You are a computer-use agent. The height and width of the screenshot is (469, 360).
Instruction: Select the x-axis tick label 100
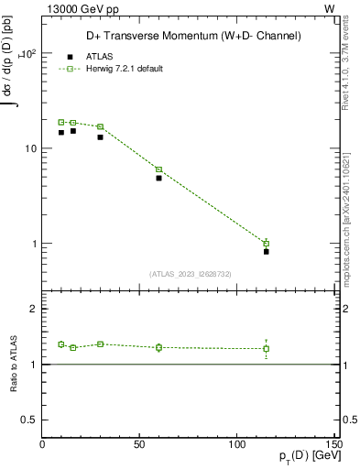tap(236, 445)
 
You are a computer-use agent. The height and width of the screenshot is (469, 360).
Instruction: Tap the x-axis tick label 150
tap(333, 445)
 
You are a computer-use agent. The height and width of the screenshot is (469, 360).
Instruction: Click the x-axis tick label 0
tap(42, 445)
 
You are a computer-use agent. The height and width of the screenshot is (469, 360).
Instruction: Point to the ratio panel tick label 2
tap(33, 310)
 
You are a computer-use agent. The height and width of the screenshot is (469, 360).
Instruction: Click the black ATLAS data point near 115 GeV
tap(267, 251)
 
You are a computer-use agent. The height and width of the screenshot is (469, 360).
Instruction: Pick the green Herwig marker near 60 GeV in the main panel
tap(158, 169)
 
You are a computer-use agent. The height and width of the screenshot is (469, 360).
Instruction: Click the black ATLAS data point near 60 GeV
tap(158, 178)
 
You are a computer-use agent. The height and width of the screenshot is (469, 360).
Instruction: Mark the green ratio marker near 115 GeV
tap(267, 348)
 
